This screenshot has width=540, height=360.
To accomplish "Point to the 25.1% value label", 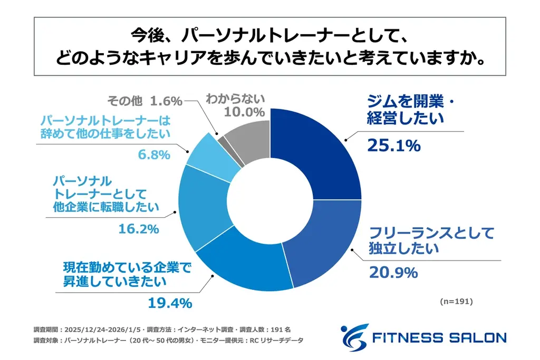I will click(393, 145).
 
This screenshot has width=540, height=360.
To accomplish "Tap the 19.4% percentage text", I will click(165, 304).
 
